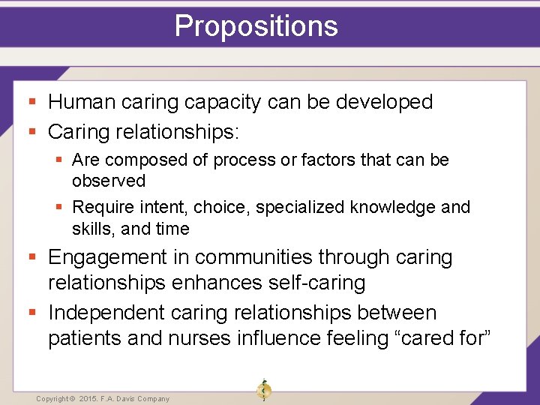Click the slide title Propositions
[256, 25]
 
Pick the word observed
[109, 181]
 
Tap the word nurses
[198, 338]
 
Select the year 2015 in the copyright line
[90, 399]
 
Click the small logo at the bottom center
[263, 390]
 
